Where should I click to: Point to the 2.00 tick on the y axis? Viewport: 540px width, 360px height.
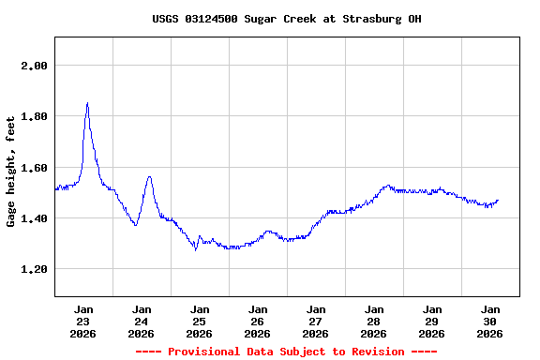[x=35, y=66]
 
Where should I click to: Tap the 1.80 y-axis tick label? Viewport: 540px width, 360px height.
[x=35, y=116]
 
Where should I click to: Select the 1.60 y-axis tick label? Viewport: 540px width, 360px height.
[x=35, y=168]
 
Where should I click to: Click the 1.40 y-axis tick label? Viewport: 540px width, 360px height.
[x=35, y=218]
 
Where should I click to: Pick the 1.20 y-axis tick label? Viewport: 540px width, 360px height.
[x=35, y=269]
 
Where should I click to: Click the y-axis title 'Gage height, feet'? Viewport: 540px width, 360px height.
[x=11, y=172]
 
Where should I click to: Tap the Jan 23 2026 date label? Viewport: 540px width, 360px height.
[x=83, y=321]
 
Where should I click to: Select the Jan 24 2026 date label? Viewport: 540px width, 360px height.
[x=142, y=321]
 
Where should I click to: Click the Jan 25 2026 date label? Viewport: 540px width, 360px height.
[x=200, y=321]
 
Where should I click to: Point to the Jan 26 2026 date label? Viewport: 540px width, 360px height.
[x=258, y=321]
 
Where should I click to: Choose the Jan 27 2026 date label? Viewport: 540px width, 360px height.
[x=316, y=321]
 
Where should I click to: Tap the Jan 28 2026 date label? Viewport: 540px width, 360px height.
[x=374, y=321]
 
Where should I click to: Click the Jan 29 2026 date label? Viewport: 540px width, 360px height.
[x=432, y=321]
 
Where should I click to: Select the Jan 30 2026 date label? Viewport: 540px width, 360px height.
[x=490, y=321]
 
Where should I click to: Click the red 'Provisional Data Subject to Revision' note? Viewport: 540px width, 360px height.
[x=286, y=352]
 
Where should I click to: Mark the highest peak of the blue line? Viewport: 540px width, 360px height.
[x=87, y=103]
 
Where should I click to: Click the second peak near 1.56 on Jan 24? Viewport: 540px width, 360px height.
[x=148, y=176]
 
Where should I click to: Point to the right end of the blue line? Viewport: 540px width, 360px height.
[x=498, y=200]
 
